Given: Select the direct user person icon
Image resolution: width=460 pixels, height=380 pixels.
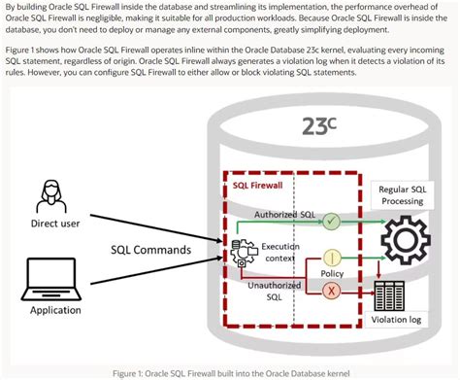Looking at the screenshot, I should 48,193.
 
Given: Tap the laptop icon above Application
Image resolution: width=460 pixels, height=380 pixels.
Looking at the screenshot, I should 48,282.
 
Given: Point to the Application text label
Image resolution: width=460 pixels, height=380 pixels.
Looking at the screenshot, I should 48,310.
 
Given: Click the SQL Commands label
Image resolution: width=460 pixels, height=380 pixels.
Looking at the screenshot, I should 151,249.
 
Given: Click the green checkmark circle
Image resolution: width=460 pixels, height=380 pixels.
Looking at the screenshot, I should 331,222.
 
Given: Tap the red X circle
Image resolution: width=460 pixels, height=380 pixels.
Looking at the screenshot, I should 331,290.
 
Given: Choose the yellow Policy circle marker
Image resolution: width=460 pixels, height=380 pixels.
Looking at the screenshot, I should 331,258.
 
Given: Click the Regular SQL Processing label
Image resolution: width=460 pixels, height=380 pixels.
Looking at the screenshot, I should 400,193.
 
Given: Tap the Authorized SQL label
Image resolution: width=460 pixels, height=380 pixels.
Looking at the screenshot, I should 284,214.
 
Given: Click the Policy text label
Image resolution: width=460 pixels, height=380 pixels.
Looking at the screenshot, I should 331,275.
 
